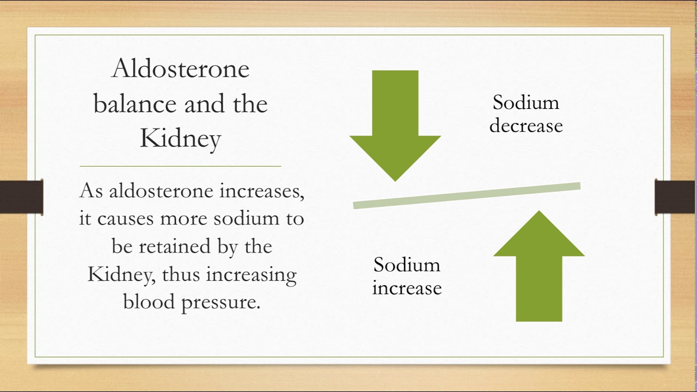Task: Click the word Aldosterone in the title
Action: [180, 69]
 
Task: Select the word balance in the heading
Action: [135, 103]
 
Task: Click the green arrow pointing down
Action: [395, 126]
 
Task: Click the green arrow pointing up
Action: [539, 266]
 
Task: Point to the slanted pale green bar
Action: [467, 195]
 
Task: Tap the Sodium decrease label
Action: [526, 114]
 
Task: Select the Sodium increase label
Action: [407, 276]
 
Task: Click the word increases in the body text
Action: [262, 191]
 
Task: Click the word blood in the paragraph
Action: [149, 302]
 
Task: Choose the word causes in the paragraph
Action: [126, 219]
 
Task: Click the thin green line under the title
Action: [180, 167]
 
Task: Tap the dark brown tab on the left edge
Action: [21, 197]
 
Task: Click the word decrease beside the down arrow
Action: [526, 126]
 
